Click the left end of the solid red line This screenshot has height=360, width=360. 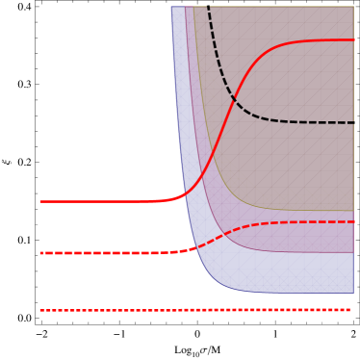pyautogui.click(x=40, y=202)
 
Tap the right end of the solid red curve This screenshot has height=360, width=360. pyautogui.click(x=353, y=39)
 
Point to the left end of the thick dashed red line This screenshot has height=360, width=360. pyautogui.click(x=40, y=253)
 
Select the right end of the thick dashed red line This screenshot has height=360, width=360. pyautogui.click(x=353, y=222)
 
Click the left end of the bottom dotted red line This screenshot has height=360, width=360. pyautogui.click(x=40, y=310)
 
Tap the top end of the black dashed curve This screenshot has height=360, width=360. pyautogui.click(x=208, y=7)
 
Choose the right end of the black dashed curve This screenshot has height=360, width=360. pyautogui.click(x=353, y=122)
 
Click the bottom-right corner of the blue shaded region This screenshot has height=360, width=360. pyautogui.click(x=353, y=293)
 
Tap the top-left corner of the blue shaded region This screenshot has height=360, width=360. pyautogui.click(x=171, y=7)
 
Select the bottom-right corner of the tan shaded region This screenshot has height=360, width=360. pyautogui.click(x=353, y=210)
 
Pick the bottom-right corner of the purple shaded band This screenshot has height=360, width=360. pyautogui.click(x=353, y=252)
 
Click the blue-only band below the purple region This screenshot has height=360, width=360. pyautogui.click(x=289, y=273)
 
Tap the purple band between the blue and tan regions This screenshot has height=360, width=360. pyautogui.click(x=289, y=238)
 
